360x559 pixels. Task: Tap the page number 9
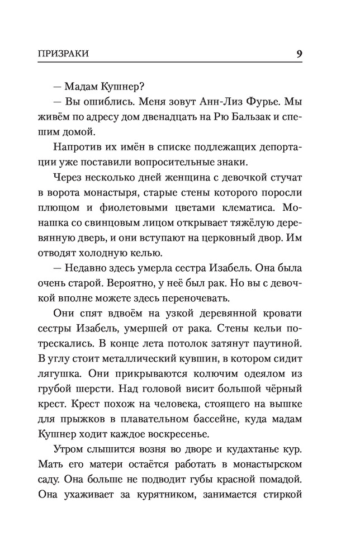[x=300, y=54]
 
